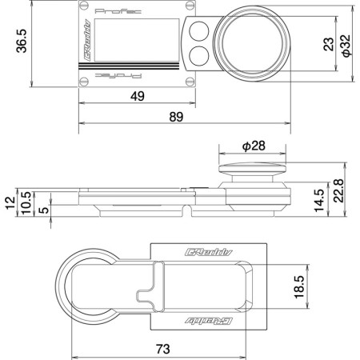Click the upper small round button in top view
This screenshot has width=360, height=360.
[x=198, y=32]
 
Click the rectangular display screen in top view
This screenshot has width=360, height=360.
[x=130, y=44]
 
